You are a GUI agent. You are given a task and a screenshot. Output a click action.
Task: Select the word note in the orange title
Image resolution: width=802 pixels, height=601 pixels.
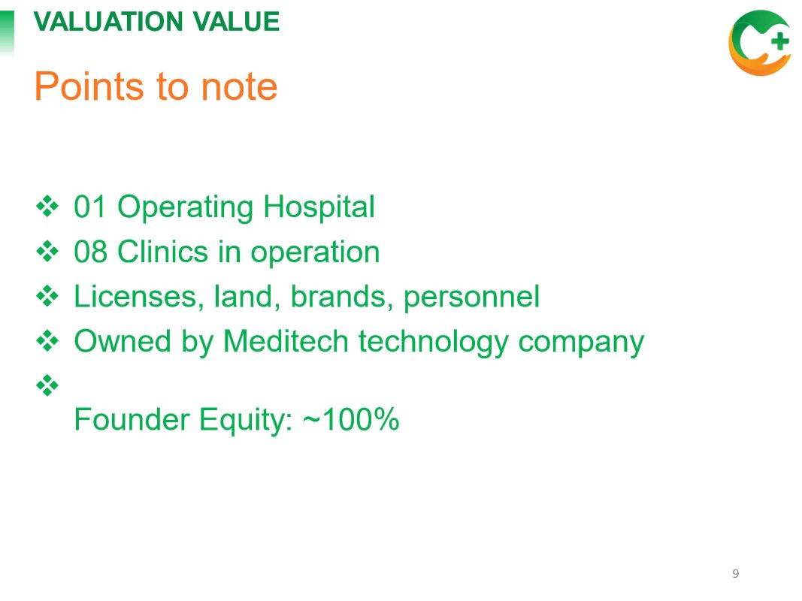(x=239, y=87)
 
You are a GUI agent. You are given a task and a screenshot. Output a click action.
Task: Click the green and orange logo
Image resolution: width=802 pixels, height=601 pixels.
(x=760, y=43)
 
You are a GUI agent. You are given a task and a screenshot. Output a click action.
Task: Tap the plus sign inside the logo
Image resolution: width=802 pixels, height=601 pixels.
(x=779, y=41)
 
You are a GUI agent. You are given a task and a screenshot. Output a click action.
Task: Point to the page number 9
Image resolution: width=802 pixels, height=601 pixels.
(x=736, y=573)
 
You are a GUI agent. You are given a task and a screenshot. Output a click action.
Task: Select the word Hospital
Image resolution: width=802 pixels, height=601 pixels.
(x=319, y=208)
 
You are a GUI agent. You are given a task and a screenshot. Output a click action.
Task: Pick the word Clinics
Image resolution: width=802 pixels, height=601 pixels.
(x=164, y=252)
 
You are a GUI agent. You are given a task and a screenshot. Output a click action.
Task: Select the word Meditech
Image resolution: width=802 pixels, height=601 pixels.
(x=286, y=341)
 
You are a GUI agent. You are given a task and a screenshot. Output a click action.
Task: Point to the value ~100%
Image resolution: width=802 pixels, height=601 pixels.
(x=351, y=420)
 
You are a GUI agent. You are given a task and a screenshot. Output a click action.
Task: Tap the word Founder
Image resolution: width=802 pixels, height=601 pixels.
(x=131, y=420)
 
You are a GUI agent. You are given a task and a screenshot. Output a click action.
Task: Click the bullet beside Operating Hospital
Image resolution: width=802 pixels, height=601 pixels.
(x=47, y=207)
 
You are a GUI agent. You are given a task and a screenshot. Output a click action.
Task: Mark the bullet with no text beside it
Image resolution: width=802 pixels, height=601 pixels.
(x=47, y=385)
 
